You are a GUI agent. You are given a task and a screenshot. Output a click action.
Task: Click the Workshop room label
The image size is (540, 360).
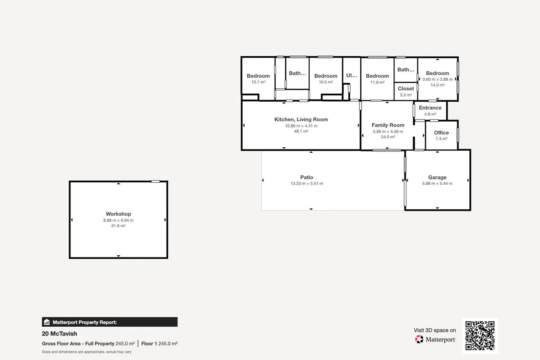tap(118, 214)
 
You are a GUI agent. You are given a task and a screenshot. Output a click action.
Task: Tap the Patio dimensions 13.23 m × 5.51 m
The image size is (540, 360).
tap(307, 184)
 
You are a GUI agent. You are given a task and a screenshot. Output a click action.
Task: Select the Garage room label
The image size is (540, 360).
tap(437, 178)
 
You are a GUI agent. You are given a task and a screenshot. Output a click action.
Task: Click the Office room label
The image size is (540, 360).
tap(441, 133)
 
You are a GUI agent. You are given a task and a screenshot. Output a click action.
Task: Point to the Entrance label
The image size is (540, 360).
tap(430, 108)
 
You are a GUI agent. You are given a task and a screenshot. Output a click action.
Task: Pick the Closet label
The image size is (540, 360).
tap(406, 89)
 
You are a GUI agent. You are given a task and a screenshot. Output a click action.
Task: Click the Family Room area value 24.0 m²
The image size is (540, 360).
tap(388, 137)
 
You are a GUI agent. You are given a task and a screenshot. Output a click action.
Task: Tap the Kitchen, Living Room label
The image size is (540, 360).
tap(301, 119)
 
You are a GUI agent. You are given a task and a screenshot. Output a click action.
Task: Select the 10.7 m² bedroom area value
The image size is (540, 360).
tap(258, 82)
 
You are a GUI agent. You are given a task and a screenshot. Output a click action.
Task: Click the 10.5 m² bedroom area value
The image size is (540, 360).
tap(326, 82)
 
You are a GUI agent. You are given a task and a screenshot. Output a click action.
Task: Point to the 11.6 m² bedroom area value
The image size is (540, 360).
tap(377, 82)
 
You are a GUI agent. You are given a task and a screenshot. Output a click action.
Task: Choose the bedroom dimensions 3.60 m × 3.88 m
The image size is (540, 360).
tap(437, 79)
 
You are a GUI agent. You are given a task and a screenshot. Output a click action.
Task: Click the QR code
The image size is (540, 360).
tap(480, 336)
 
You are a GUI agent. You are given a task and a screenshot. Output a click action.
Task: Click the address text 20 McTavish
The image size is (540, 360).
tap(59, 334)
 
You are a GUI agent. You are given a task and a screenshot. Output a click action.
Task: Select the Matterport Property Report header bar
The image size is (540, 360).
tap(110, 322)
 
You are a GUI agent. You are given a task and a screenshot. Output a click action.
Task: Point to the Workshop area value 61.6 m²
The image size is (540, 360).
tap(118, 226)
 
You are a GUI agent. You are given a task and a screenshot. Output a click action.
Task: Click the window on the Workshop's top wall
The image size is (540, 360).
tap(156, 181)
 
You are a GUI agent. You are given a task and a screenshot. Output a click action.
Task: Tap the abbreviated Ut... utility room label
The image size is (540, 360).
tap(351, 76)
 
